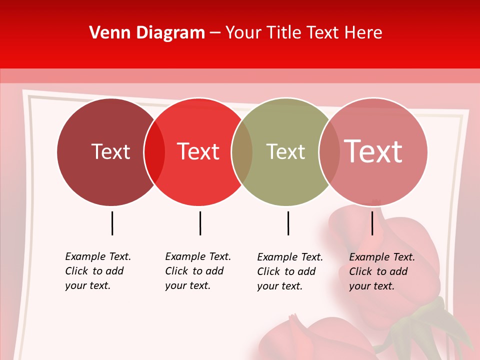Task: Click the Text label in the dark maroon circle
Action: click(110, 151)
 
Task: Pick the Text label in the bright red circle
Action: click(198, 151)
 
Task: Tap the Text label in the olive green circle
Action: click(285, 151)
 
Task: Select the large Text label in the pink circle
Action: click(373, 151)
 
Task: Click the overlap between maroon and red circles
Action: click(154, 152)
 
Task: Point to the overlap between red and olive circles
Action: click(242, 152)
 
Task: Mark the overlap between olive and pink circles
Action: click(329, 152)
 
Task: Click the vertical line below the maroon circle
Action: click(112, 223)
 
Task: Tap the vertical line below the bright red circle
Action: click(200, 223)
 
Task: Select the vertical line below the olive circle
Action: click(288, 223)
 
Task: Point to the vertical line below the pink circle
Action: click(372, 223)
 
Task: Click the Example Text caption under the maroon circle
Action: click(98, 271)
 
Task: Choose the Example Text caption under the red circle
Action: click(198, 271)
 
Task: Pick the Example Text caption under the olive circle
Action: click(290, 271)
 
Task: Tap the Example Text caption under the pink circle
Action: click(382, 271)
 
